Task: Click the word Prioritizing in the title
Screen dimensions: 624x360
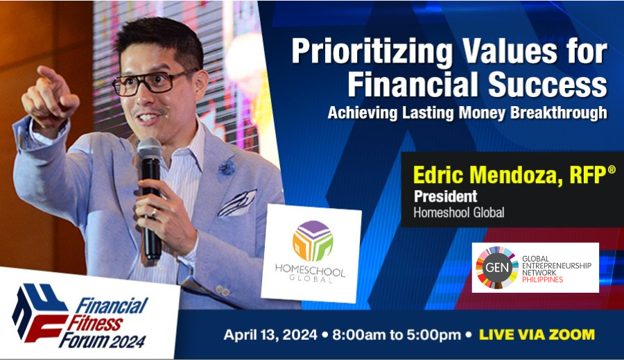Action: (x=372, y=52)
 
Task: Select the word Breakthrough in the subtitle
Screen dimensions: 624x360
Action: (x=559, y=112)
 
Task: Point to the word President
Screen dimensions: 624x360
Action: (x=445, y=196)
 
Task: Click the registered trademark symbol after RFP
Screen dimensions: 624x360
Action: (x=612, y=170)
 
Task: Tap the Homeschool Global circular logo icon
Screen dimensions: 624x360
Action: (x=313, y=241)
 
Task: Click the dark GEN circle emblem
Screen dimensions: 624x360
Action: (x=496, y=267)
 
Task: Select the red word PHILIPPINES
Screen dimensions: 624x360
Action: (x=542, y=280)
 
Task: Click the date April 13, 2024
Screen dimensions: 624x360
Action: (x=270, y=334)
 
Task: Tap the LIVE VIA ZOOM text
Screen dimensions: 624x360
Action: (x=537, y=334)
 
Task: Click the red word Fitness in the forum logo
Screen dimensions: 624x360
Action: (x=95, y=323)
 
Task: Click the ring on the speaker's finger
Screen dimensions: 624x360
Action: (x=154, y=213)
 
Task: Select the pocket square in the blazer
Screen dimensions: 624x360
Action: (x=238, y=203)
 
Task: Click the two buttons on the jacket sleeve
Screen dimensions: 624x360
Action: (x=221, y=291)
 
